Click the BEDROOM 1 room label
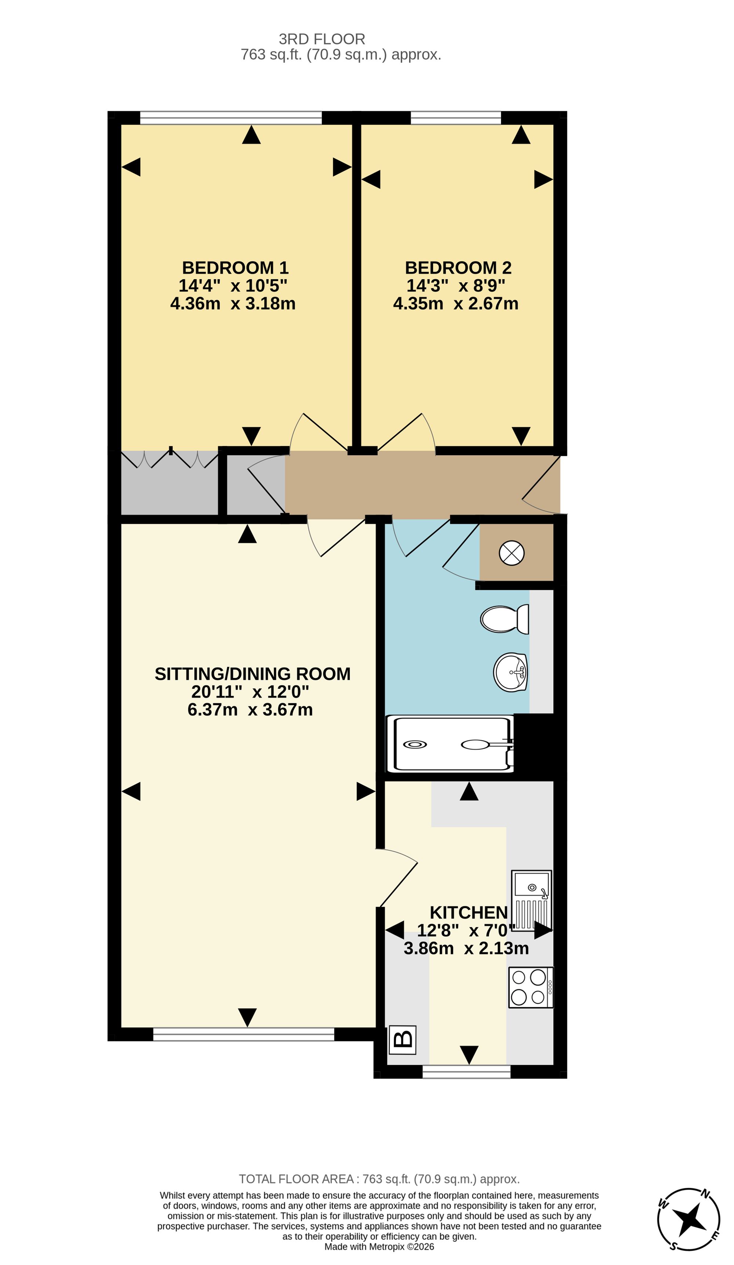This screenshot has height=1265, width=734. coord(235,268)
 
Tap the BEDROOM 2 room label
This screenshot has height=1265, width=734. coord(458,268)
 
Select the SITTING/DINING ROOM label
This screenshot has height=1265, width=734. coord(252,674)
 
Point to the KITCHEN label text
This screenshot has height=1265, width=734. coord(469,912)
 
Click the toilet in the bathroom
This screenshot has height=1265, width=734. coord(504,619)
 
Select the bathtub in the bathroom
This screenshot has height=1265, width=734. coord(450,744)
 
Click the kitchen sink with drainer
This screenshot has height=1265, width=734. coord(531,900)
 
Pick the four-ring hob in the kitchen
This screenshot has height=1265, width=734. coord(531,987)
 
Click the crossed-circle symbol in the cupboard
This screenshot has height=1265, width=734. coord(511,553)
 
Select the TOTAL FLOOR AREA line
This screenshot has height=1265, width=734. coord(379,1179)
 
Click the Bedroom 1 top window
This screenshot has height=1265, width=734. coord(231,117)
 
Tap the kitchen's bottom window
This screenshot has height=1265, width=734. coord(466,1072)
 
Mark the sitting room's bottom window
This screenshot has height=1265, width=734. coord(243,1034)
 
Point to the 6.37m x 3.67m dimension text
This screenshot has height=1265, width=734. coord(250,710)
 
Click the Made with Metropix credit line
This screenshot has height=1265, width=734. coord(379,1247)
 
